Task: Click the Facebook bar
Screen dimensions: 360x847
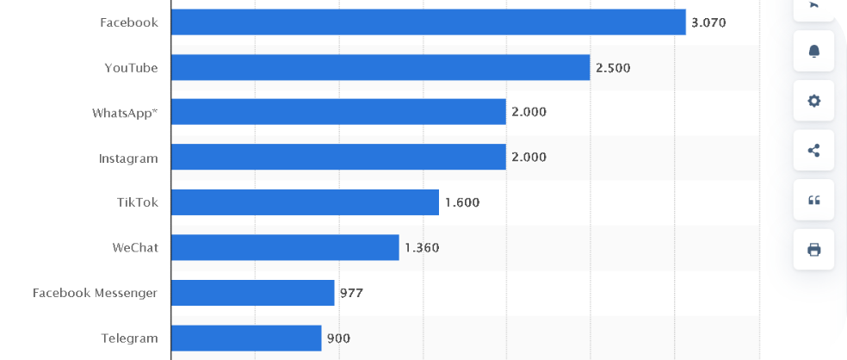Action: point(428,22)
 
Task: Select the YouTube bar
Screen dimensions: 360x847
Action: point(380,67)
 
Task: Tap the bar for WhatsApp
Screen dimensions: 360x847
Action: point(338,112)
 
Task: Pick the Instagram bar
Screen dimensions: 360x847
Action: point(338,157)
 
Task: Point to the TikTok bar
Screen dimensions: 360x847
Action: point(305,202)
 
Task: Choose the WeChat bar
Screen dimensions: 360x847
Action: point(285,248)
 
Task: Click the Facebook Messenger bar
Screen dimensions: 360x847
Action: point(252,293)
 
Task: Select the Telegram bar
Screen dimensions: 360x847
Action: point(246,338)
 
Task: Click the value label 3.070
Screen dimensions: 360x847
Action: point(709,22)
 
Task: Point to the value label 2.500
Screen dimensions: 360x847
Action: point(613,67)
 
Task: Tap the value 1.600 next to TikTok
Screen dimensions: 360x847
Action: point(462,203)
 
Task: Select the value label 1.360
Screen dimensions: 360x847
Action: point(422,248)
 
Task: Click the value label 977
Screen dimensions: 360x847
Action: point(351,293)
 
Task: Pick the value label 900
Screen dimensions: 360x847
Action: point(338,338)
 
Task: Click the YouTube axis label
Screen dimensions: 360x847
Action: point(131,67)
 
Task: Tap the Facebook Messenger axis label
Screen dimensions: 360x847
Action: point(95,293)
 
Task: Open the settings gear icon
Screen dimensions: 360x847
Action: point(813,101)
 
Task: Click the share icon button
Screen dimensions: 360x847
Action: point(813,151)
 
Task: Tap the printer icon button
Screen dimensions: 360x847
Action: point(813,250)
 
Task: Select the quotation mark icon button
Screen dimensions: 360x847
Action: point(813,201)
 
